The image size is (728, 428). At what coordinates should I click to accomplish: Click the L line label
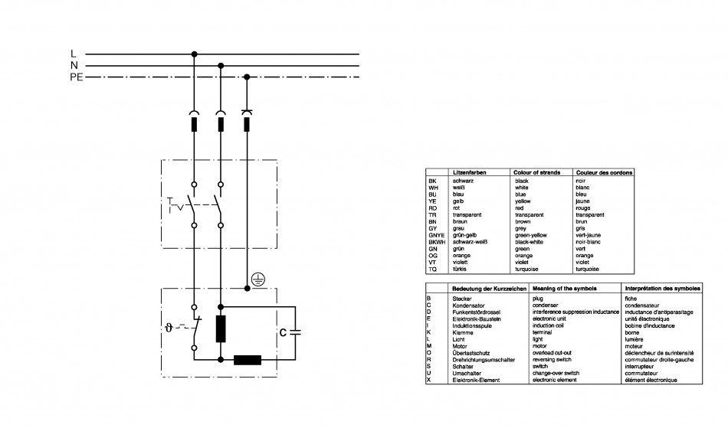click(x=74, y=54)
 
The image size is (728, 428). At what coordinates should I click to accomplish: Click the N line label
click(x=74, y=66)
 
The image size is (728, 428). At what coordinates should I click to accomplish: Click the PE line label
click(x=77, y=77)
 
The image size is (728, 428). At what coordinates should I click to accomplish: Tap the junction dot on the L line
click(x=195, y=54)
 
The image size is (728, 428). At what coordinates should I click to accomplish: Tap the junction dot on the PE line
click(x=247, y=77)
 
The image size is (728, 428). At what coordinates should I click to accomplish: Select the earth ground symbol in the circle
click(x=258, y=279)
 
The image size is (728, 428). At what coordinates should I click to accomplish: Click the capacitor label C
click(x=283, y=333)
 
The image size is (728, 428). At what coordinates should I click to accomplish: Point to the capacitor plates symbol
click(x=295, y=332)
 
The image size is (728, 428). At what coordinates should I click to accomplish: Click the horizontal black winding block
click(x=248, y=360)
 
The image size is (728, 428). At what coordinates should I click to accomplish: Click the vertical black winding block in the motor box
click(x=221, y=328)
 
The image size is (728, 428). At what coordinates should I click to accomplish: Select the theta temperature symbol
click(x=169, y=328)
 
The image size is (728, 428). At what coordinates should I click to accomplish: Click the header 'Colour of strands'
click(x=536, y=172)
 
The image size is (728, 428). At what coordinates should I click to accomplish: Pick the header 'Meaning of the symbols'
click(x=565, y=289)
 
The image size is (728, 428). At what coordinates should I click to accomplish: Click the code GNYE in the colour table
click(x=437, y=235)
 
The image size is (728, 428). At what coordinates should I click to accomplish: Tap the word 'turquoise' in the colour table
click(x=526, y=269)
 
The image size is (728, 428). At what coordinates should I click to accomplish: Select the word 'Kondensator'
click(x=468, y=305)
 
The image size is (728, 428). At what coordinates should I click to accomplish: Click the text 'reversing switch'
click(x=552, y=359)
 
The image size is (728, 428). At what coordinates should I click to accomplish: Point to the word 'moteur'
click(x=634, y=346)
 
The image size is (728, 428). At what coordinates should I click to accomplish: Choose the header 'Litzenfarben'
click(x=470, y=172)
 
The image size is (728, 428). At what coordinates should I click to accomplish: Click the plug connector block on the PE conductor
click(x=247, y=124)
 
